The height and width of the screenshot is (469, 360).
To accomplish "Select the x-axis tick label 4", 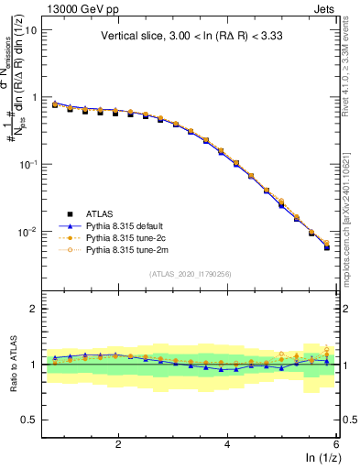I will (x=227, y=443).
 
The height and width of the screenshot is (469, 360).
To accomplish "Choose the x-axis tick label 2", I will (x=118, y=443).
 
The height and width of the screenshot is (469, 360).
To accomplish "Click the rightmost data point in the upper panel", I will (x=327, y=246).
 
